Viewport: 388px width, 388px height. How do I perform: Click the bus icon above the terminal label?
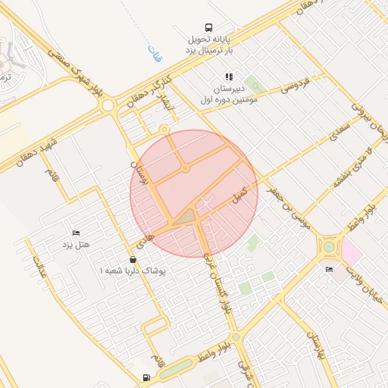pyautogui.click(x=208, y=26)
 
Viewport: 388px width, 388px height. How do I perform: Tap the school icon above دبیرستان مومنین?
pyautogui.click(x=229, y=77)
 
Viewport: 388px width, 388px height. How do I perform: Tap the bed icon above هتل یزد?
pyautogui.click(x=76, y=232)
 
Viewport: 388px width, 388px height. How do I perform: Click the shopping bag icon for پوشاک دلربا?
pyautogui.click(x=133, y=259)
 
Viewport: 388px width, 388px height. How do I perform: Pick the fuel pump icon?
pyautogui.click(x=145, y=377)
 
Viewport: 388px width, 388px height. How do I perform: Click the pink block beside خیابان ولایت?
pyautogui.click(x=352, y=251)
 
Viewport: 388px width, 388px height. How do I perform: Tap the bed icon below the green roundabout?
pyautogui.click(x=329, y=269)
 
